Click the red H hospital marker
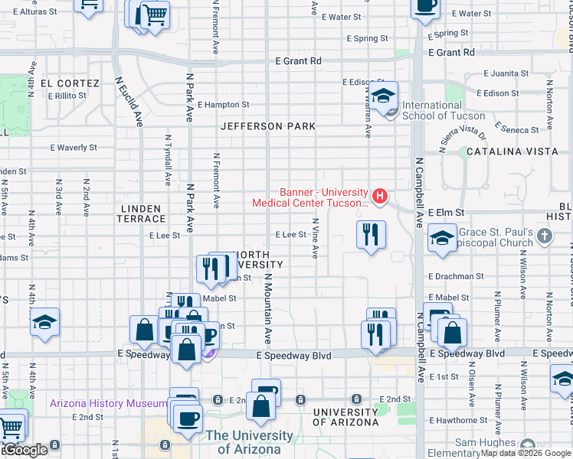[x=377, y=193]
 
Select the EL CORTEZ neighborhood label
[x=70, y=83]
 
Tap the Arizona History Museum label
[x=107, y=403]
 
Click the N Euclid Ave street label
[x=129, y=100]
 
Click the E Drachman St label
[x=457, y=275]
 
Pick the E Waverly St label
[x=74, y=147]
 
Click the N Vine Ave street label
[x=315, y=237]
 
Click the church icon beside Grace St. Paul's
[x=545, y=235]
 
